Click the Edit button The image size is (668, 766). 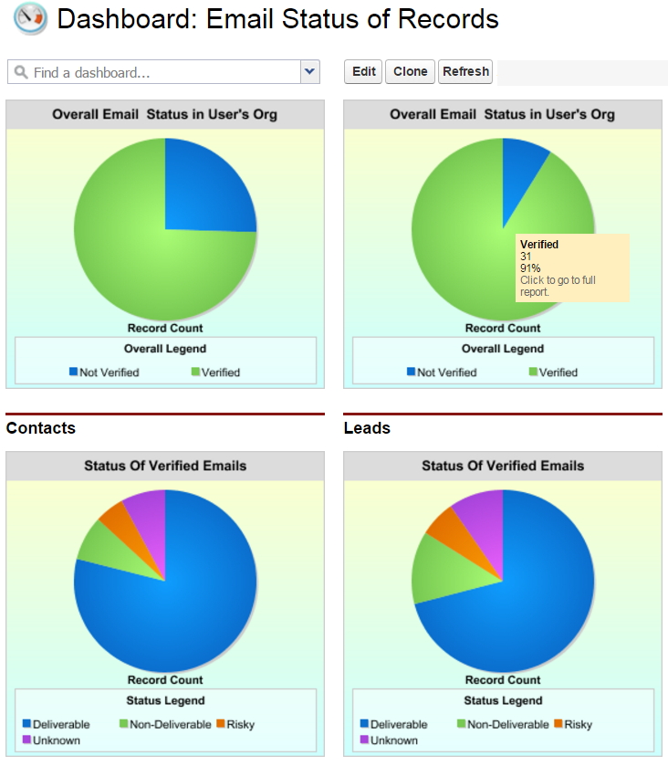[x=363, y=72]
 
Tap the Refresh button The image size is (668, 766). [x=465, y=72]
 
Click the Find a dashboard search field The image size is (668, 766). [x=155, y=72]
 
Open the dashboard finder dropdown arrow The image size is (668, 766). [x=310, y=72]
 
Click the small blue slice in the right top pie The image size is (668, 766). [x=523, y=173]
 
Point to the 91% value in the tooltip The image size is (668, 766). [x=530, y=268]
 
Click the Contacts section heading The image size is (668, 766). [x=41, y=428]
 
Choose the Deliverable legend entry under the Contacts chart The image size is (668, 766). [x=57, y=725]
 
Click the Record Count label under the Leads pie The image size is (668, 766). [x=503, y=680]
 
